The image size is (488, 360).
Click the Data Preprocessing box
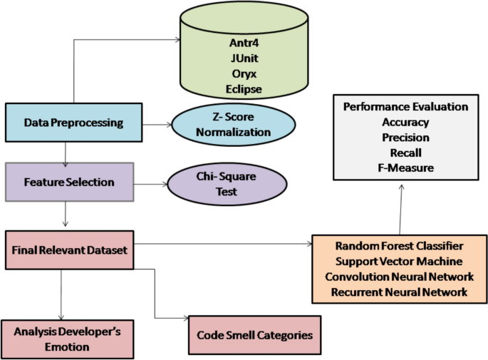[x=73, y=123]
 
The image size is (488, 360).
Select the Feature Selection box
[x=69, y=182]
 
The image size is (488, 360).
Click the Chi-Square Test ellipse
[x=227, y=183]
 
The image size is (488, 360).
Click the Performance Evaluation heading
[x=405, y=107]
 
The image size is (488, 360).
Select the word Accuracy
[x=405, y=122]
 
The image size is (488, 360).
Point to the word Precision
[x=405, y=138]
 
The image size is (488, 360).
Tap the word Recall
[x=405, y=153]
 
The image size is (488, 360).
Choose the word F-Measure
[x=405, y=168]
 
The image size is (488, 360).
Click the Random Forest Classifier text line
[x=395, y=246]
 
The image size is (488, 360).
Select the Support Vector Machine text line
[x=395, y=261]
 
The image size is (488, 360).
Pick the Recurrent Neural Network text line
[x=395, y=292]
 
